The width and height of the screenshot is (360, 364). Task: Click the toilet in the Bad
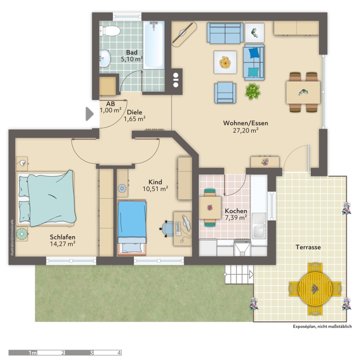tap(110, 31)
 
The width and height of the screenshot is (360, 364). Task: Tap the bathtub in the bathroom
tap(154, 45)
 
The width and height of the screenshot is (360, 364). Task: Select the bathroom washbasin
tap(104, 58)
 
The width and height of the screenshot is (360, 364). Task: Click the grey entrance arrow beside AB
tap(90, 114)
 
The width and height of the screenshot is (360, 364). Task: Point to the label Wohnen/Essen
tap(246, 123)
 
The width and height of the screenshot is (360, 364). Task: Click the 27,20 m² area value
tap(246, 131)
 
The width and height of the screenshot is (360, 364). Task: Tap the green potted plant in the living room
tap(253, 92)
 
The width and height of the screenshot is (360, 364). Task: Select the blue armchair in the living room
tap(225, 93)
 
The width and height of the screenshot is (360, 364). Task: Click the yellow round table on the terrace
tap(315, 289)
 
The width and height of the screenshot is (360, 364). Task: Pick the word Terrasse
tap(308, 247)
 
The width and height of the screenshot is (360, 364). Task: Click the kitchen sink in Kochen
tap(259, 226)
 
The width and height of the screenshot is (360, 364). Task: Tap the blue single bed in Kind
tap(132, 228)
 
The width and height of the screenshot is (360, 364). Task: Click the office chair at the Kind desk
tap(167, 229)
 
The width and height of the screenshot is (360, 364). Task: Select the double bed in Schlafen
tap(46, 199)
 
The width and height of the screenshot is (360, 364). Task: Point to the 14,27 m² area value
tap(62, 244)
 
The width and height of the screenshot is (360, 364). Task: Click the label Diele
tap(134, 113)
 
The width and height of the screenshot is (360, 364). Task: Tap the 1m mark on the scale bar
tap(32, 353)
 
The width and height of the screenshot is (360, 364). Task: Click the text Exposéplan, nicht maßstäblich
tap(322, 326)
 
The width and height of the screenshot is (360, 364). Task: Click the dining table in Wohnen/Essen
tap(303, 93)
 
